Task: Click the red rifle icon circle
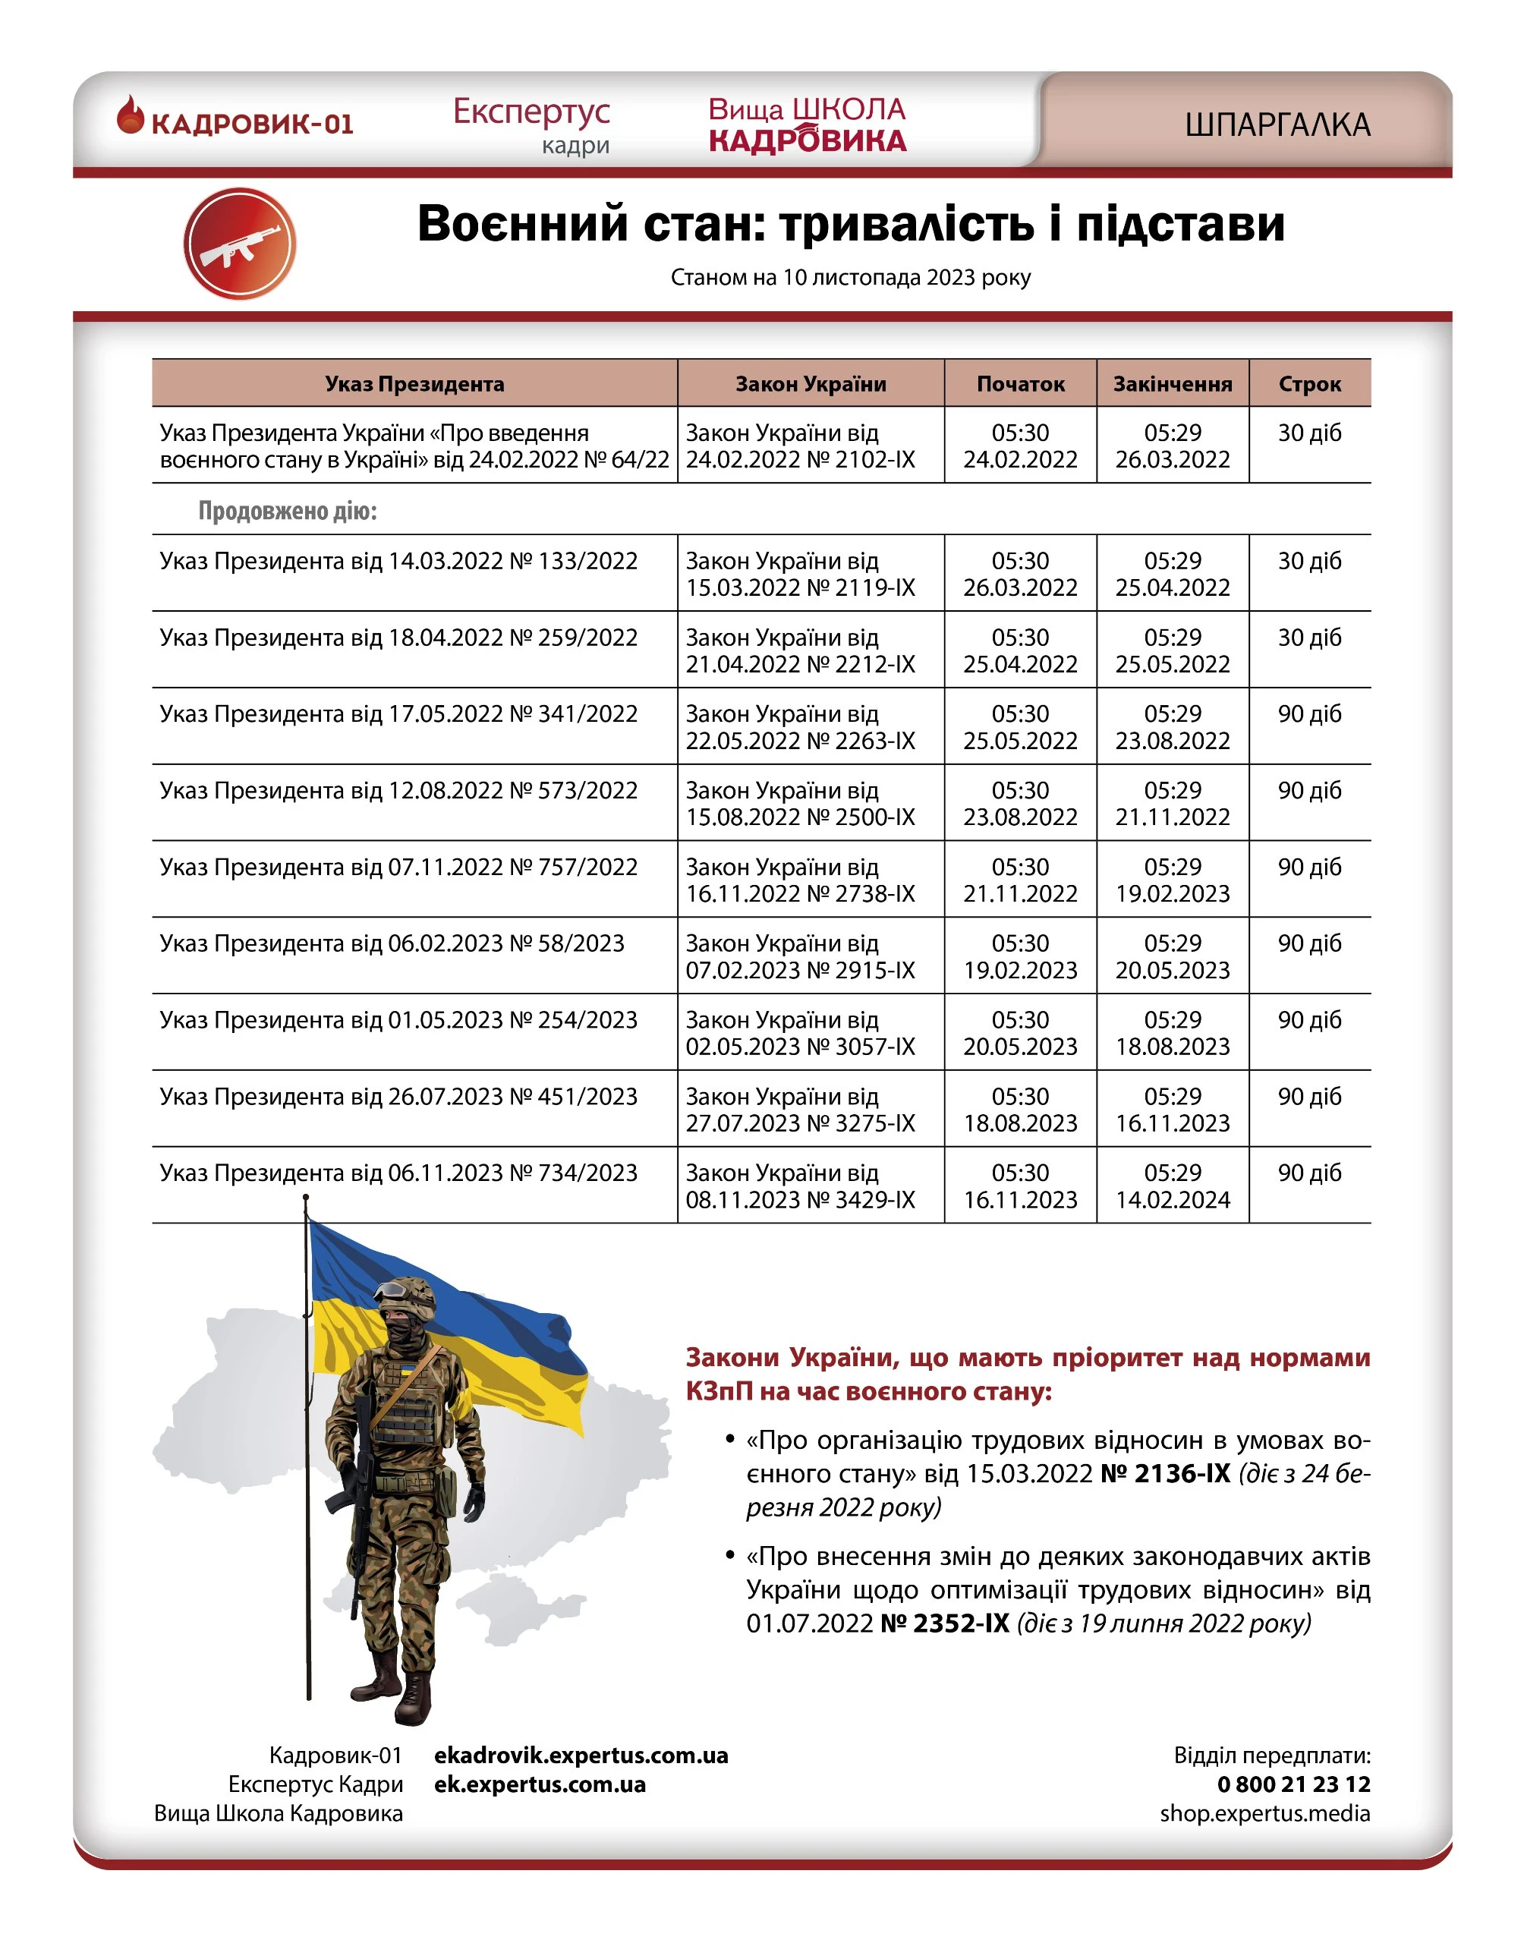239,244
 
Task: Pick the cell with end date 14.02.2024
1172,1186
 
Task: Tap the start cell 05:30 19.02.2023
1020,956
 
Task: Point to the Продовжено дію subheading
288,511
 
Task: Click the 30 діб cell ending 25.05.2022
1309,638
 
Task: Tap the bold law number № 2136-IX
1165,1474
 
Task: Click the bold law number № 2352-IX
945,1623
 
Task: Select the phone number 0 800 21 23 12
1293,1784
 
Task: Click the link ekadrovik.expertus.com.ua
581,1756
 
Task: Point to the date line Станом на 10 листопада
850,278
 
